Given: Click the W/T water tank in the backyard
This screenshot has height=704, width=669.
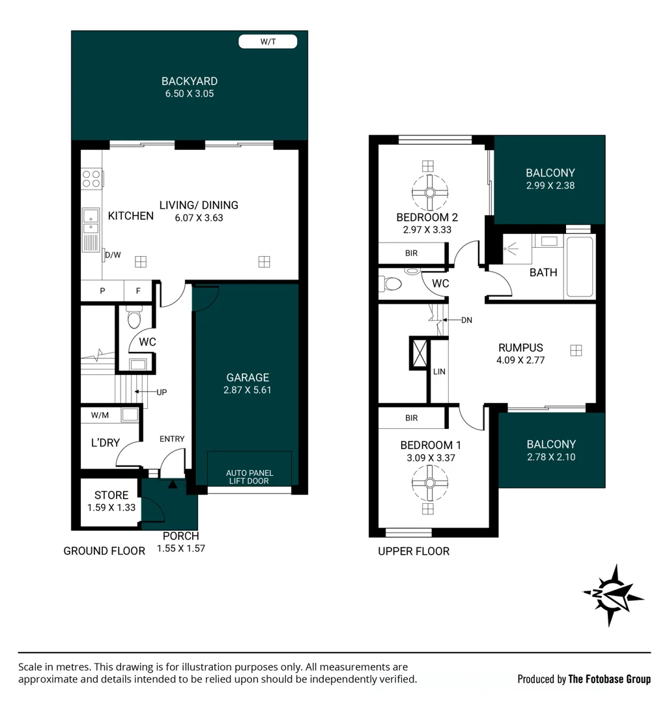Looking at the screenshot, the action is [268, 42].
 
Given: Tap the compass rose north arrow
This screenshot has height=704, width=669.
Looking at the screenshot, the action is [613, 595].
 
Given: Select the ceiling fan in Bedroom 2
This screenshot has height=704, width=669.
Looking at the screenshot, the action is [430, 192].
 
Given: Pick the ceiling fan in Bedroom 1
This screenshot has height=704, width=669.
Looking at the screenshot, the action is [430, 483].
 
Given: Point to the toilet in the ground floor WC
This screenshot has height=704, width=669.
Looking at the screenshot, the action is [134, 317].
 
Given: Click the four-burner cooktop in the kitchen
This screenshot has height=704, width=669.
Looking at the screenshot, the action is [91, 178].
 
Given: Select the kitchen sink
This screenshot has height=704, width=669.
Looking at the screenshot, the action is [91, 221].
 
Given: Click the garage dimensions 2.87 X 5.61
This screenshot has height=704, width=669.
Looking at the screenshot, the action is [248, 390].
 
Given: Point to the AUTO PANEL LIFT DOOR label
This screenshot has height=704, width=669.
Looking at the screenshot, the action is [249, 477].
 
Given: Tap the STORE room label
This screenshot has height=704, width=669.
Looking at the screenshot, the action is [111, 495].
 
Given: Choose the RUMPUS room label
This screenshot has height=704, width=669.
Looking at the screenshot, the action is [520, 347].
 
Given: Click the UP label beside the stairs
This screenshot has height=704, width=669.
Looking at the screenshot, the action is [162, 392].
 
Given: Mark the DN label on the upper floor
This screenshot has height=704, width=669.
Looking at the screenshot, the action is [466, 320].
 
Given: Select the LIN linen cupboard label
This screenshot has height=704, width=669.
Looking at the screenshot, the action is [439, 372].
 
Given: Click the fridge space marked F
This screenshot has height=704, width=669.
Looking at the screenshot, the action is [138, 291].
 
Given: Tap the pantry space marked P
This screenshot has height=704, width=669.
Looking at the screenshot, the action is [102, 291].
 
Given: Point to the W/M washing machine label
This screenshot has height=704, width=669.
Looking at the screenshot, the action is [100, 415].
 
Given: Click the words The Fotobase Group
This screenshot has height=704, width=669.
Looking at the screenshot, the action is [609, 679].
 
